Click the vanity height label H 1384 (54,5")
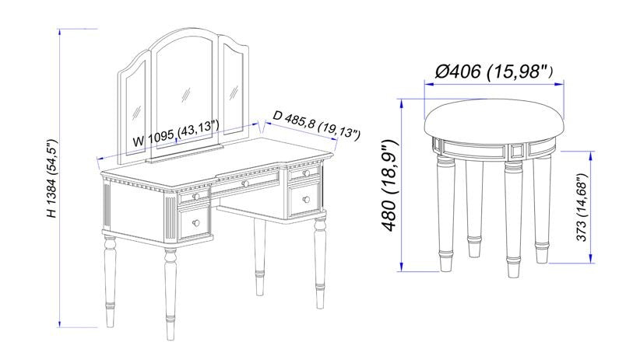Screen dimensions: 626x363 point(52,178)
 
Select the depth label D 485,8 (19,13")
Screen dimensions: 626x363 point(317,124)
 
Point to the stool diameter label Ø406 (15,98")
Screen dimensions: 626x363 point(494,72)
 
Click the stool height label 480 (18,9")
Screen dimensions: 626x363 point(390,185)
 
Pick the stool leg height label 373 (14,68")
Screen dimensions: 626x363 point(583,208)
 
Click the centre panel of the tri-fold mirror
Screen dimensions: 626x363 point(185,91)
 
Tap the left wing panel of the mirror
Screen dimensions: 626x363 point(134,107)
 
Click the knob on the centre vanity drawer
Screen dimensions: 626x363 point(245,183)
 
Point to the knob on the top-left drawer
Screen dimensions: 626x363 point(195,197)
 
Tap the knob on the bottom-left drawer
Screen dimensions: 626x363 point(195,223)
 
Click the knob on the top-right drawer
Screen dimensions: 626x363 point(306,173)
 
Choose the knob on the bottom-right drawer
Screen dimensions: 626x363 point(306,199)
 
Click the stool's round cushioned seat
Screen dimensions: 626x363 point(494,120)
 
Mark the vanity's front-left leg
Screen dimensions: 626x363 point(171,294)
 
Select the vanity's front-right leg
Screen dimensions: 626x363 point(320,263)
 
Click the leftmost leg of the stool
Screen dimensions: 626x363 point(445,213)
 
